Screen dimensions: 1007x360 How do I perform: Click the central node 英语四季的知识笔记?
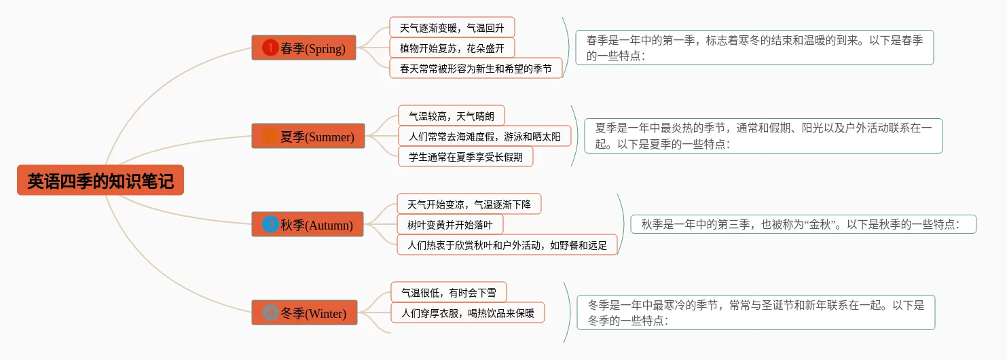(x=100, y=181)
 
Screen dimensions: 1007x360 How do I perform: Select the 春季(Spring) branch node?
(x=304, y=48)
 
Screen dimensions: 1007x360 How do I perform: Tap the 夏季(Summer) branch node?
(x=308, y=136)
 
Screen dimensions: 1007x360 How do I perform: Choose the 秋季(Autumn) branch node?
(x=308, y=224)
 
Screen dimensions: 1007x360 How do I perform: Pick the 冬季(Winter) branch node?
(x=304, y=312)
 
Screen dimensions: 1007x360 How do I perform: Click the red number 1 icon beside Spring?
(x=270, y=48)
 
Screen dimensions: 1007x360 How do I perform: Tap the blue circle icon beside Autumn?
(x=270, y=224)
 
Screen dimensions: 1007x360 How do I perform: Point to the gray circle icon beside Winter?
(x=270, y=312)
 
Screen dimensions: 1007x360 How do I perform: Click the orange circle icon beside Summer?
(x=270, y=136)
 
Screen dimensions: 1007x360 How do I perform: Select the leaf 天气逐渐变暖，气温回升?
(x=452, y=27)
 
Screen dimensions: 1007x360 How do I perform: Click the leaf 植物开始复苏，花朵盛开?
(x=452, y=48)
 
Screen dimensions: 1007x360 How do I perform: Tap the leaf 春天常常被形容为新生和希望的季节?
(x=475, y=68)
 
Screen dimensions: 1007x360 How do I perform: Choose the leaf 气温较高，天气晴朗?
(x=451, y=115)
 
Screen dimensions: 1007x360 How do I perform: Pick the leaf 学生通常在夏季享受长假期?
(x=465, y=156)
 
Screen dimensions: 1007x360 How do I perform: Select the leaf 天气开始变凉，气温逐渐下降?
(x=469, y=204)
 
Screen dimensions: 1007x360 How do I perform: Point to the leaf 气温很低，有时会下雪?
(x=448, y=292)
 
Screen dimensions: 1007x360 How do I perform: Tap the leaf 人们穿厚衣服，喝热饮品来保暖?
(x=467, y=312)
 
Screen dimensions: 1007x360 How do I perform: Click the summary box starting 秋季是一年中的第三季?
(x=803, y=224)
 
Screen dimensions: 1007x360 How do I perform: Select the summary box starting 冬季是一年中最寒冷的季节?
(x=756, y=312)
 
